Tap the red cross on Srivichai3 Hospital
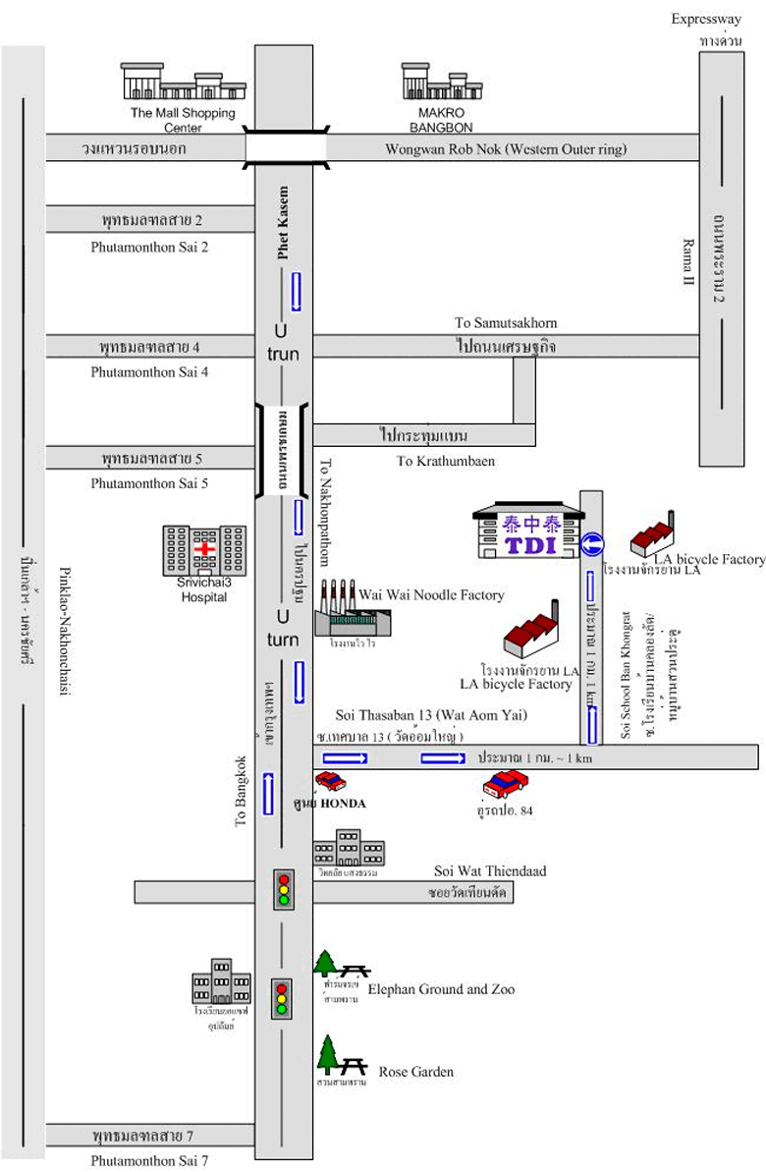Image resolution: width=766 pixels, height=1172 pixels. tap(206, 548)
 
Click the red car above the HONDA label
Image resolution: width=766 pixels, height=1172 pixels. tap(331, 782)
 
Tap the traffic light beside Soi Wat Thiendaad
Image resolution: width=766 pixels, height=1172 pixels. tap(285, 888)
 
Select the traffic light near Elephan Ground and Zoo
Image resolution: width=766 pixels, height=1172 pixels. tap(283, 997)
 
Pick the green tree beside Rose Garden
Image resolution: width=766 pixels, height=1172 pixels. tap(328, 1055)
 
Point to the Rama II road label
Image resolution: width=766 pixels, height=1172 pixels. tap(688, 259)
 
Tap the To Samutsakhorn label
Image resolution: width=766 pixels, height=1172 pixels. tap(499, 323)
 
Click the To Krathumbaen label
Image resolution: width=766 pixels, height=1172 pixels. tap(432, 460)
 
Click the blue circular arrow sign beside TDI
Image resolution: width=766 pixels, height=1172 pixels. tap(591, 544)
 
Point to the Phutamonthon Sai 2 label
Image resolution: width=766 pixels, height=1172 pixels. tap(149, 247)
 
